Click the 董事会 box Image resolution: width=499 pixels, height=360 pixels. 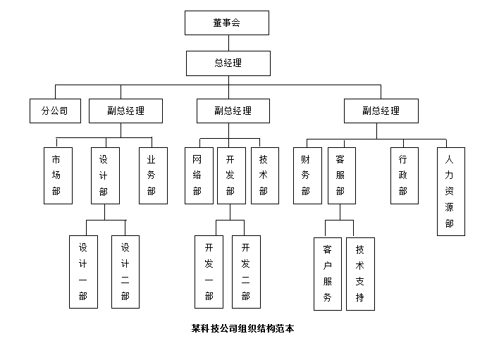(227, 23)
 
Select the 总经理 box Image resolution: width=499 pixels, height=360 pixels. (228, 63)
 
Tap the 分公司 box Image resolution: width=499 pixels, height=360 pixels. (55, 111)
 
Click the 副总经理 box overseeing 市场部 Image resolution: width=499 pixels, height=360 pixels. (125, 111)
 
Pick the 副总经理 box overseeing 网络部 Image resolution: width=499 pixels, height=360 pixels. (233, 111)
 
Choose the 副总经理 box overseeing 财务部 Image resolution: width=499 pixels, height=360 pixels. (381, 111)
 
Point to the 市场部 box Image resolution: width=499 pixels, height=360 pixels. (57, 175)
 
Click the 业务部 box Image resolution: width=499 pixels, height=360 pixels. (152, 175)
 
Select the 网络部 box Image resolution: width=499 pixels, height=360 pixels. (198, 175)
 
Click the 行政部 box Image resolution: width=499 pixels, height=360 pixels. (405, 175)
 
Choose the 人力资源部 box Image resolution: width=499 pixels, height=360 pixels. (450, 191)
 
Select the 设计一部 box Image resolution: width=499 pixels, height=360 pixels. (83, 271)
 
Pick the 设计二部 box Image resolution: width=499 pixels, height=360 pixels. (125, 271)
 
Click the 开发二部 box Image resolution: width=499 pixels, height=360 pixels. (246, 271)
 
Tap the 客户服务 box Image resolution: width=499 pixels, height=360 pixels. (327, 273)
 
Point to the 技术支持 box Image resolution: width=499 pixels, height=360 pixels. (360, 273)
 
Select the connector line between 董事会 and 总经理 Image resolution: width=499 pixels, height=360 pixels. (227, 42)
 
